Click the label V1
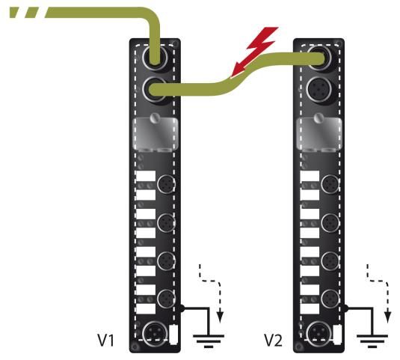[106, 340]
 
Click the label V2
[273, 340]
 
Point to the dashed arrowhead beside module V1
[220, 317]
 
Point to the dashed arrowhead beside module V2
[388, 317]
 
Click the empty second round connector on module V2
[319, 89]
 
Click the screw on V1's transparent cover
[155, 118]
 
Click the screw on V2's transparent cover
[319, 118]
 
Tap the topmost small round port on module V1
[166, 184]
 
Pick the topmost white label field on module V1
[146, 176]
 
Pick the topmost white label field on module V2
[310, 176]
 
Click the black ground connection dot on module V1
[182, 308]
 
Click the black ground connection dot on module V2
[345, 308]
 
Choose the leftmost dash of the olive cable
[15, 13]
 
